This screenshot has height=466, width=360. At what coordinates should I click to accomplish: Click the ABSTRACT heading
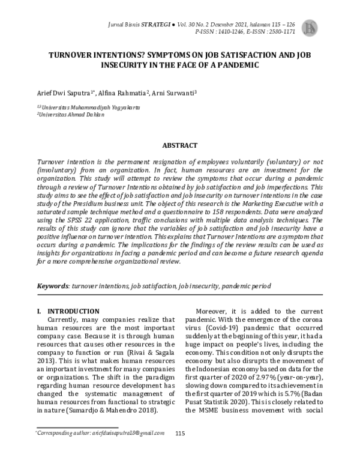tap(179, 145)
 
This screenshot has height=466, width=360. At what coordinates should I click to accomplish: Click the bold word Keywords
tap(53, 286)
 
